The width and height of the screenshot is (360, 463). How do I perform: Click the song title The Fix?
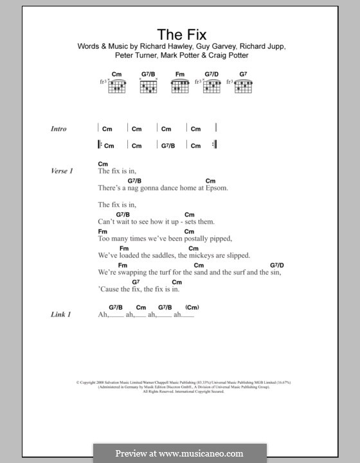[x=179, y=33]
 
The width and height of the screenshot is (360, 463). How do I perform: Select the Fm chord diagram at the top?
[x=180, y=83]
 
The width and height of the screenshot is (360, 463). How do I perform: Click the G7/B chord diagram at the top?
[x=150, y=83]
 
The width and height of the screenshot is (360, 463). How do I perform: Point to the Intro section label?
[x=59, y=129]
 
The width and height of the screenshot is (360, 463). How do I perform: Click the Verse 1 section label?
[x=62, y=171]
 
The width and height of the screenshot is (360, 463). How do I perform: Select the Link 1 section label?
[x=60, y=314]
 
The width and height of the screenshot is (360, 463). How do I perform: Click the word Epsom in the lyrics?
[x=216, y=188]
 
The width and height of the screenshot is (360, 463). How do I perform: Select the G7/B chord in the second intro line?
[x=166, y=145]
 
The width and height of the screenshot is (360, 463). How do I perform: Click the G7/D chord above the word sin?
[x=277, y=265]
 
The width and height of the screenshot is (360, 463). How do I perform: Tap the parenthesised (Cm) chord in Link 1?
[x=192, y=307]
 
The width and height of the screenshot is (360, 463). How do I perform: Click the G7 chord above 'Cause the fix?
[x=136, y=282]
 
